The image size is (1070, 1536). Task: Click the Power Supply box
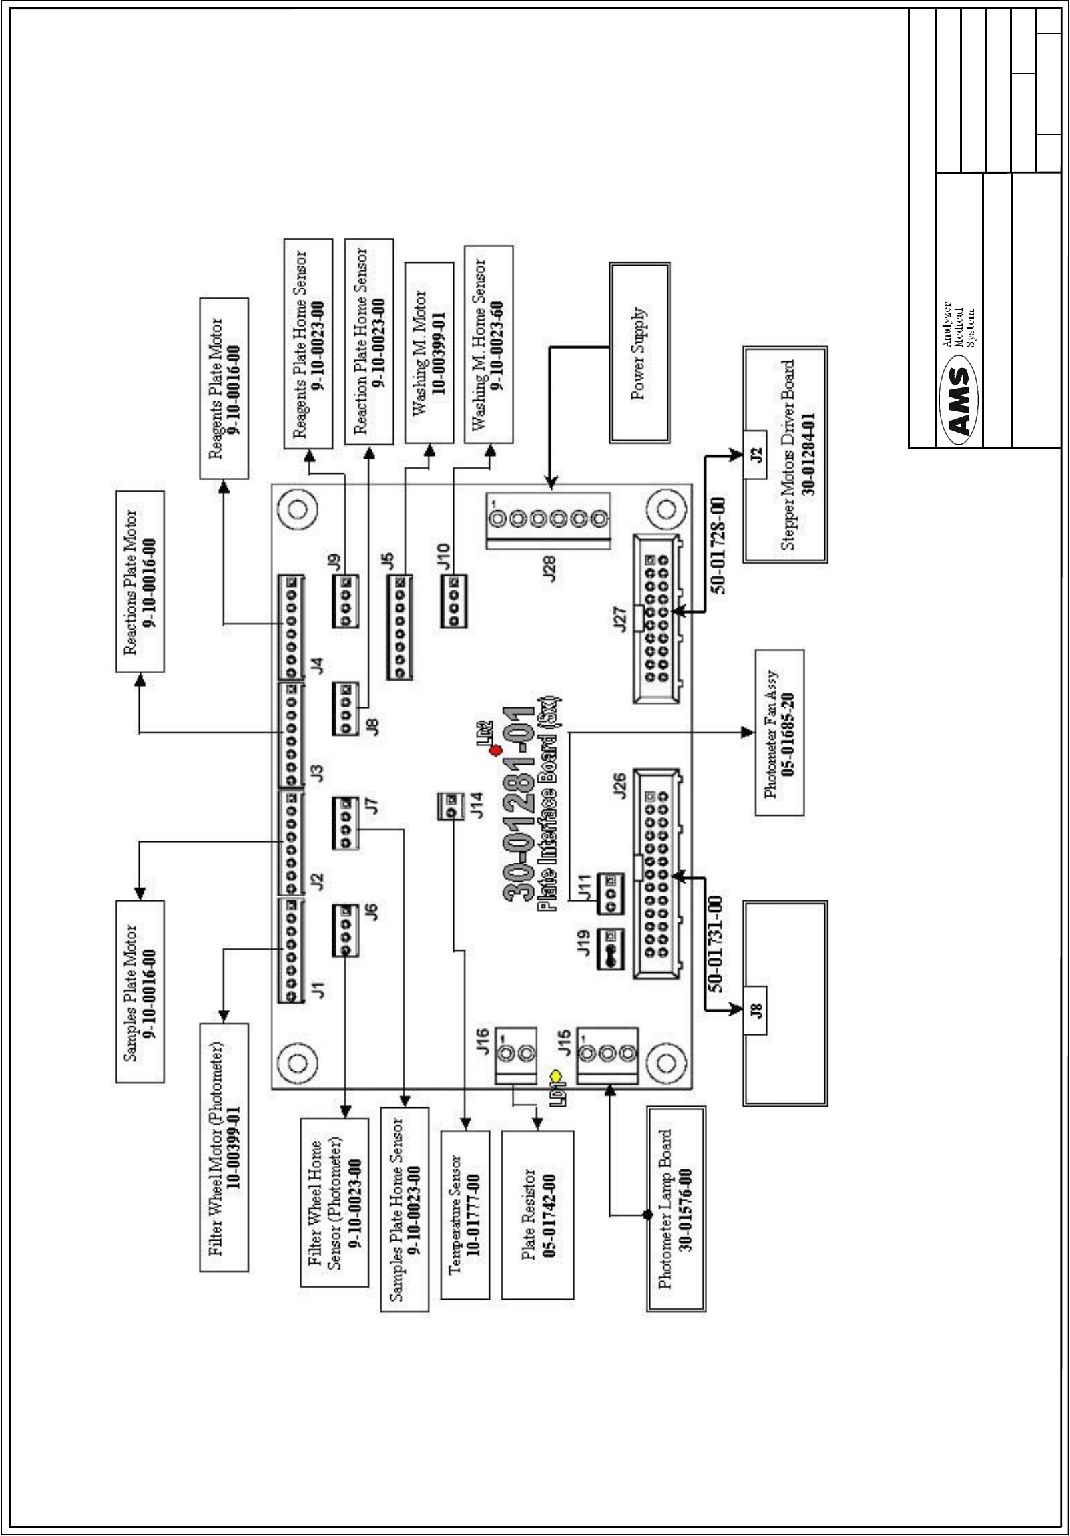(639, 353)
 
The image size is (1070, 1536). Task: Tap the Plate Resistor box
(537, 1213)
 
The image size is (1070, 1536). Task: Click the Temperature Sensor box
(465, 1213)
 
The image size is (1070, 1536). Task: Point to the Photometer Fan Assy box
(779, 733)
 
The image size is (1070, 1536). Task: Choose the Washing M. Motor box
(429, 353)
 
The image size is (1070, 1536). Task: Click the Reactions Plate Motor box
(140, 582)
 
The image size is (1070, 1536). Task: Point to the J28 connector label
(550, 569)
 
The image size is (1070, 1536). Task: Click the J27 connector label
(621, 619)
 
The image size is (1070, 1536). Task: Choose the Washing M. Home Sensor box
(489, 345)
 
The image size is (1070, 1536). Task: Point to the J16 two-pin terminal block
(516, 1055)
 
